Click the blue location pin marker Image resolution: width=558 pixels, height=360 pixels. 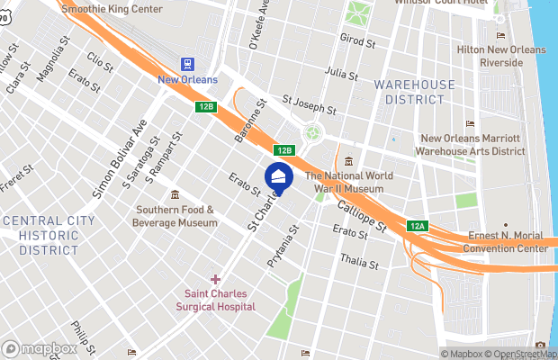(279, 178)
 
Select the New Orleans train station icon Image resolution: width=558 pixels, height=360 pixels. (188, 64)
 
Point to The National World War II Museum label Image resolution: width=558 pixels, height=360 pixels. (345, 183)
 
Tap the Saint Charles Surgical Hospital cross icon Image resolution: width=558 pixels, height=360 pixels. (216, 279)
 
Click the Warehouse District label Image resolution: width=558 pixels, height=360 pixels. (415, 92)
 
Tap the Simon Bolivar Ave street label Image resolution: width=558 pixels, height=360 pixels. (119, 160)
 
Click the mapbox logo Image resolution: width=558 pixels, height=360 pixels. (40, 348)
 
